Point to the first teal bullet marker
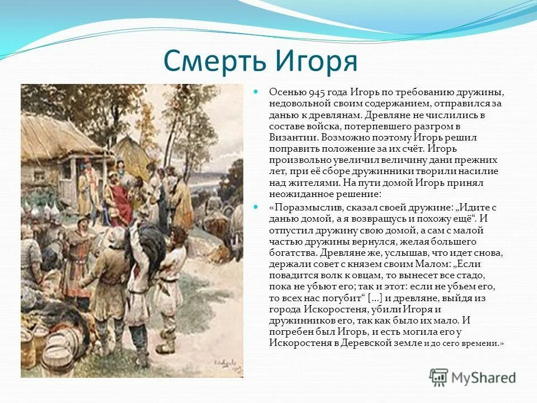tap(256, 91)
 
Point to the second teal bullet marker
tap(256, 207)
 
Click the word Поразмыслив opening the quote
tap(303, 207)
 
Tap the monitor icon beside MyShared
tap(439, 377)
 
